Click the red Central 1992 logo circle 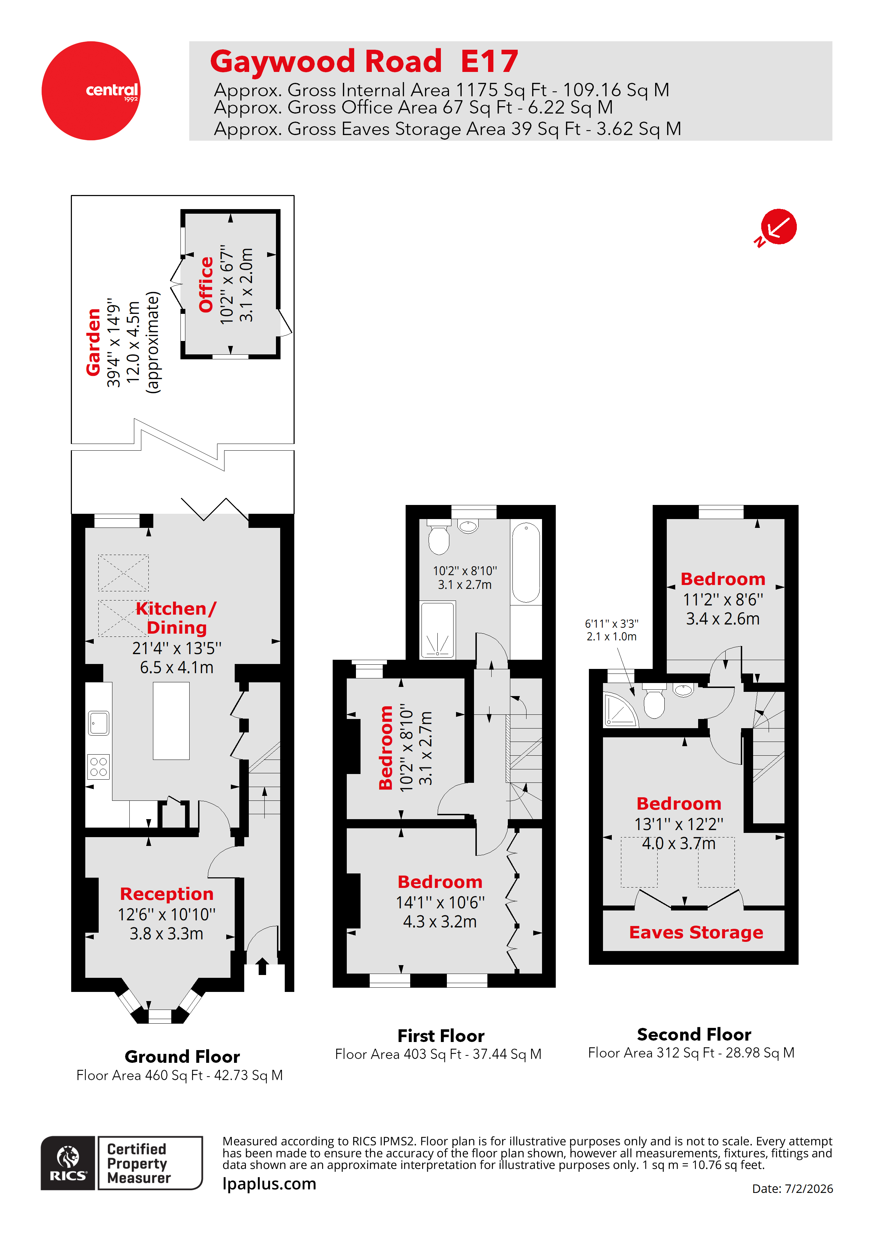(x=91, y=91)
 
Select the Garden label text (x=93, y=342)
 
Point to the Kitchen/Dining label (x=176, y=617)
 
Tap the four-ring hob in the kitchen (x=99, y=767)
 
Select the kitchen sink (x=99, y=723)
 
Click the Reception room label (x=166, y=894)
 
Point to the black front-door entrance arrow (x=262, y=965)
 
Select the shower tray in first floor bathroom (x=437, y=630)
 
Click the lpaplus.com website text (x=269, y=1184)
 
